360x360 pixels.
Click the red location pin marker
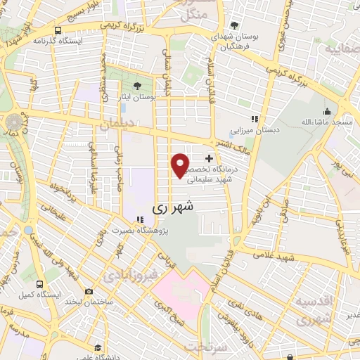click(181, 165)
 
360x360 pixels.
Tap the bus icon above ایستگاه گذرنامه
click(57, 30)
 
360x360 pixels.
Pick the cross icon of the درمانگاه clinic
click(209, 159)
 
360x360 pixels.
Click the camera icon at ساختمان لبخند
click(89, 291)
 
